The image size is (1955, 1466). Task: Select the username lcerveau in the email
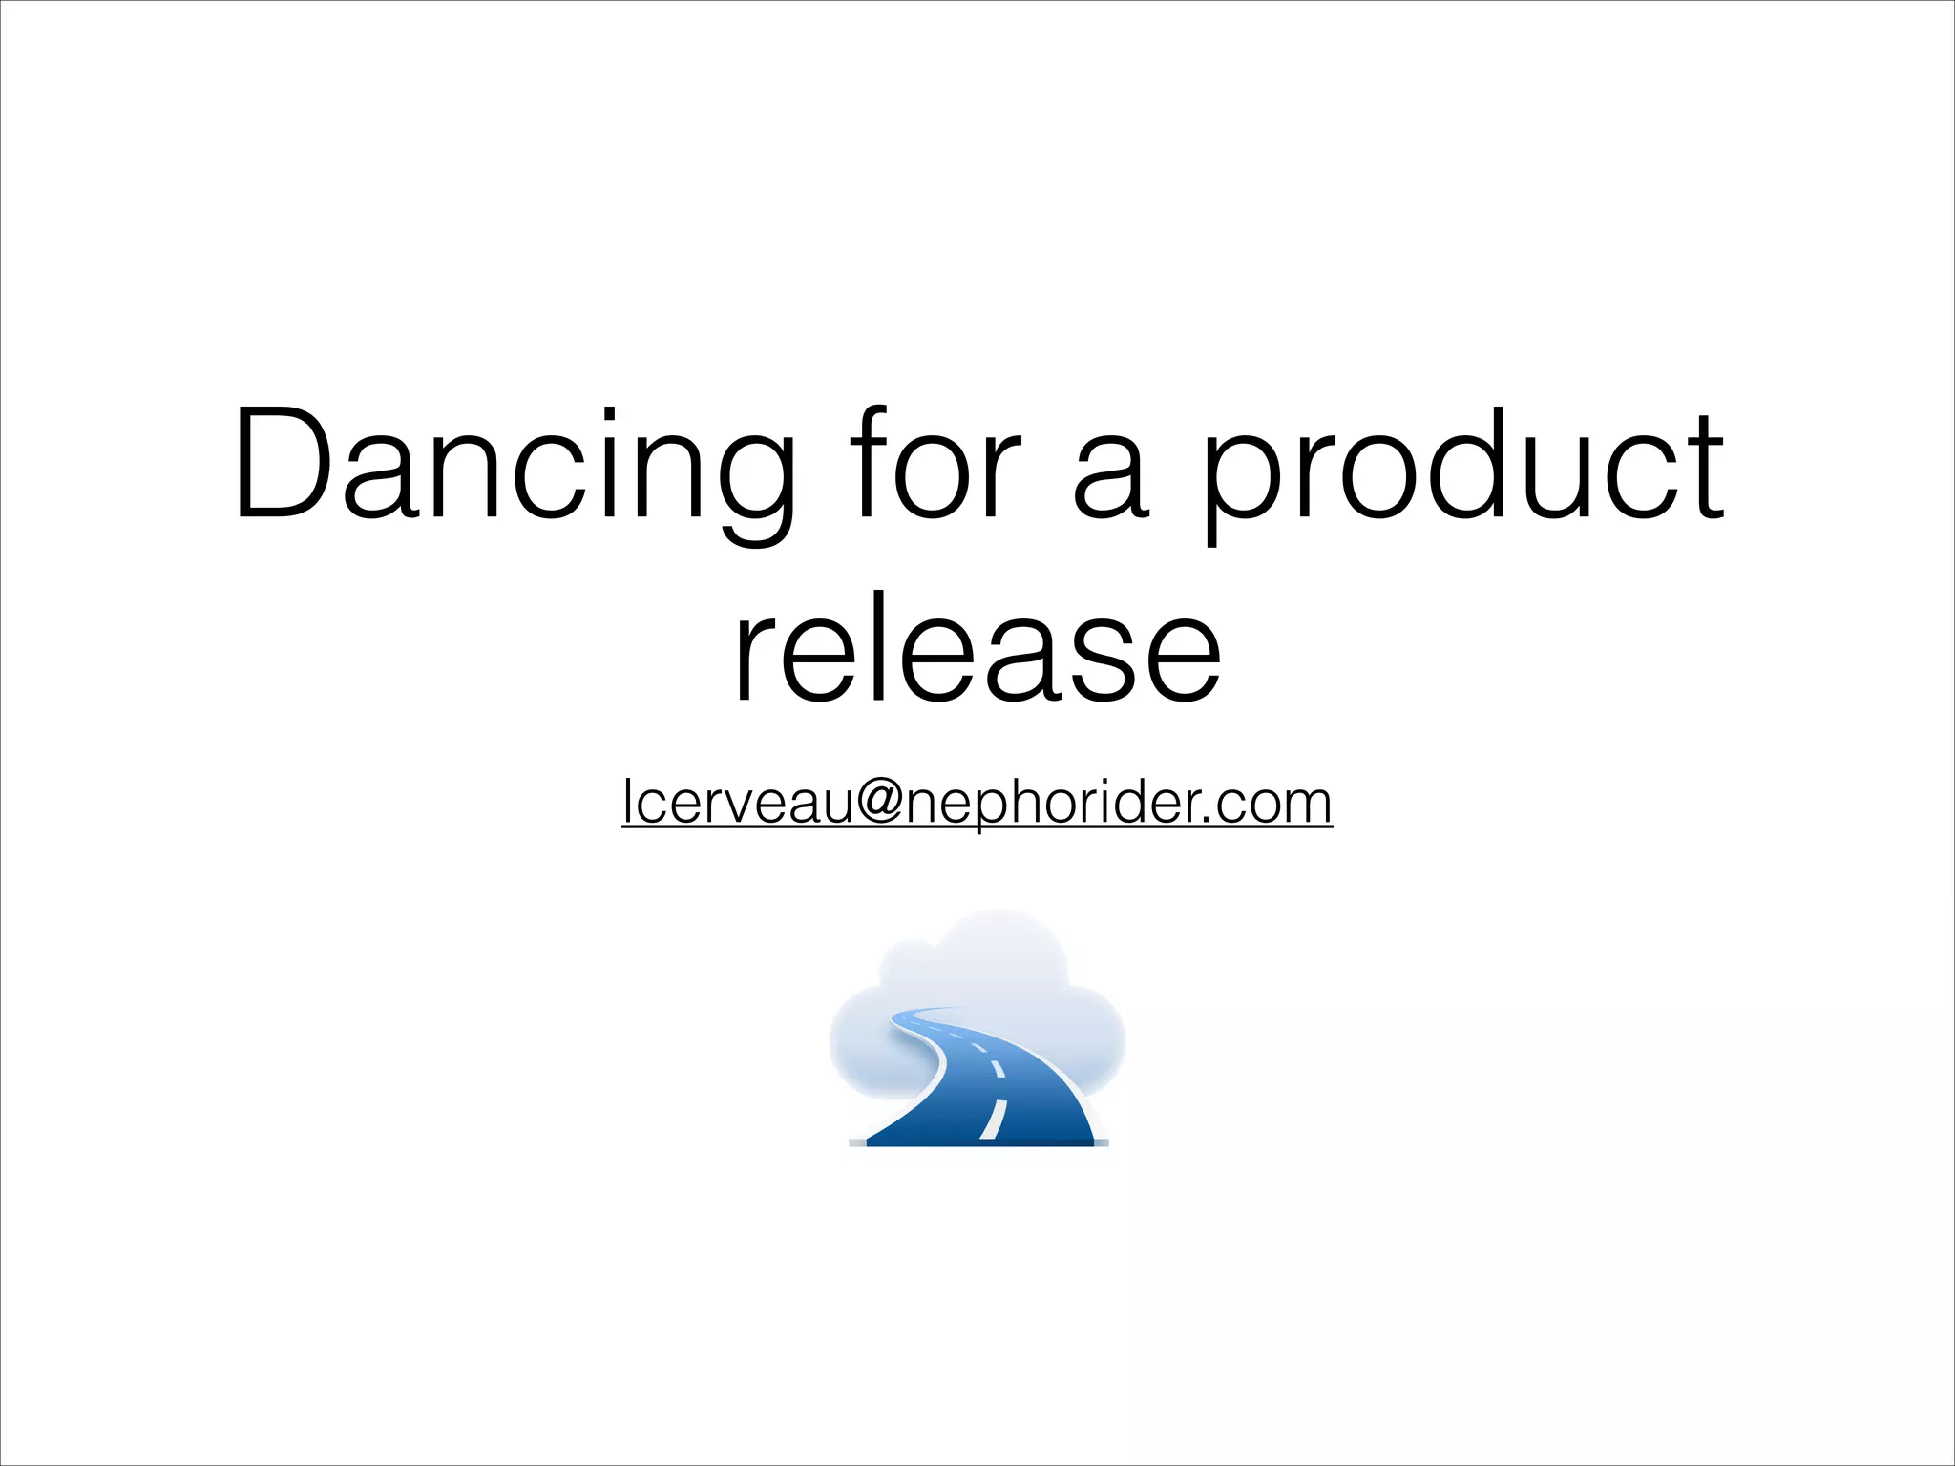pyautogui.click(x=736, y=802)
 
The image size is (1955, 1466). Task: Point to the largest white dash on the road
pyautogui.click(x=993, y=1119)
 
